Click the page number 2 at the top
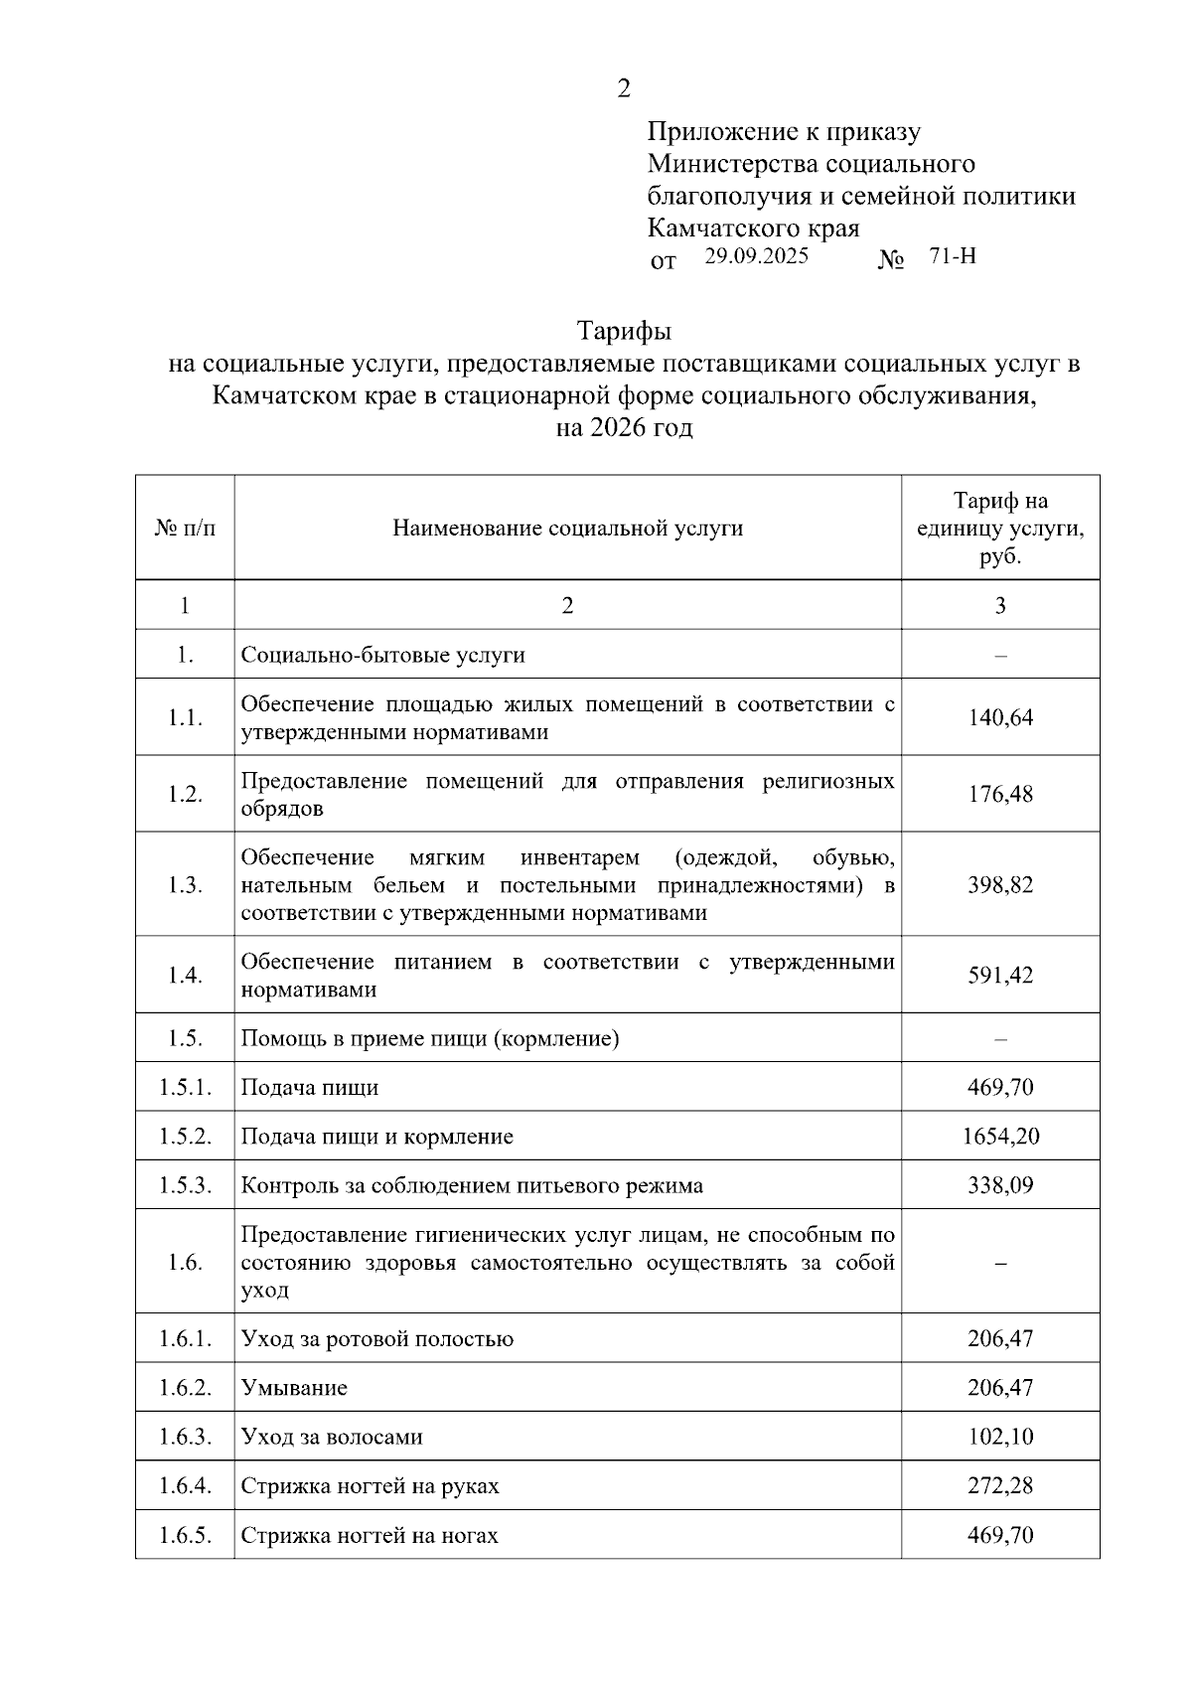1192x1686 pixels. (x=623, y=88)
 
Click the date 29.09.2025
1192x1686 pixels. (x=756, y=256)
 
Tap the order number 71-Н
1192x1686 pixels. (x=952, y=256)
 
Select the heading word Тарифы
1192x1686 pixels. (x=624, y=330)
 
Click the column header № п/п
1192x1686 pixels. (x=185, y=528)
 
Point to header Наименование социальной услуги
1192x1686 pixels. (x=567, y=528)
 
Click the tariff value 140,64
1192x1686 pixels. (x=1000, y=717)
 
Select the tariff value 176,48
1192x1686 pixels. (x=1000, y=794)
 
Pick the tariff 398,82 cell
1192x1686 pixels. (x=1000, y=884)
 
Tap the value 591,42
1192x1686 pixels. (x=1000, y=975)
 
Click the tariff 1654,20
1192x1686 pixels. (x=1000, y=1136)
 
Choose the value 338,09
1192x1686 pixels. (x=1000, y=1185)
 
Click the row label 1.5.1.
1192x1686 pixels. (x=185, y=1087)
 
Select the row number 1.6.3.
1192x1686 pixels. (x=185, y=1437)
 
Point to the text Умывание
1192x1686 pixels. (x=294, y=1388)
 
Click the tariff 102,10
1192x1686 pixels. (x=1000, y=1437)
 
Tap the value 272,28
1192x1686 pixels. (x=1000, y=1486)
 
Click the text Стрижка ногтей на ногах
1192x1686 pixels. (x=370, y=1535)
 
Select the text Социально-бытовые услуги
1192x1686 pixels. (x=382, y=655)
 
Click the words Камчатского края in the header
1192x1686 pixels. (x=753, y=229)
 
